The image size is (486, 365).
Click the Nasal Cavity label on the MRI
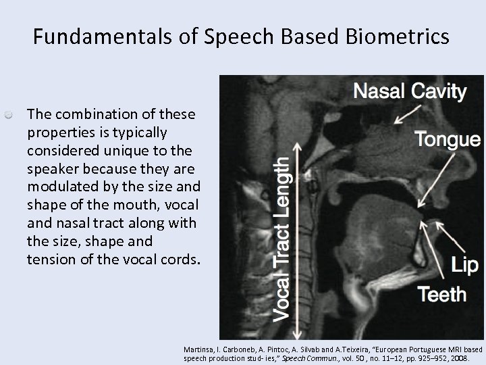coord(410,91)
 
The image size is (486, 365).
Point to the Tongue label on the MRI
coord(448,139)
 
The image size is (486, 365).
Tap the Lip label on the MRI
coord(465,265)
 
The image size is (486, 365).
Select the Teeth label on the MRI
coord(442,294)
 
